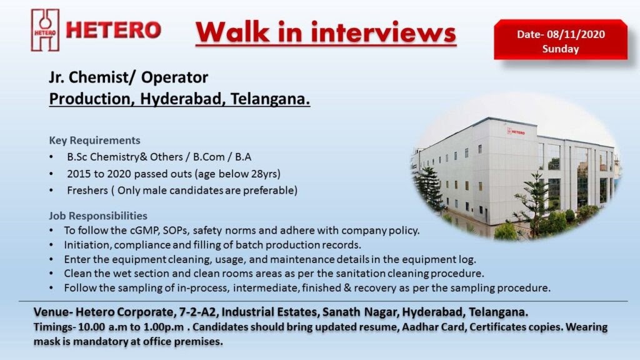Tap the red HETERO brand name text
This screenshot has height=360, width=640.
114,30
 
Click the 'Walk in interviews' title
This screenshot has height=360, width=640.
326,32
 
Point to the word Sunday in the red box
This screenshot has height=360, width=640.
560,49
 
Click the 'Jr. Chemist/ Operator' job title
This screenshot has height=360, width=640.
128,77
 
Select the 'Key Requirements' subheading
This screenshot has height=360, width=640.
94,140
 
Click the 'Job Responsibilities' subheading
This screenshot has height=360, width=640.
98,216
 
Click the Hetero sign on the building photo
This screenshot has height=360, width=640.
516,132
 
